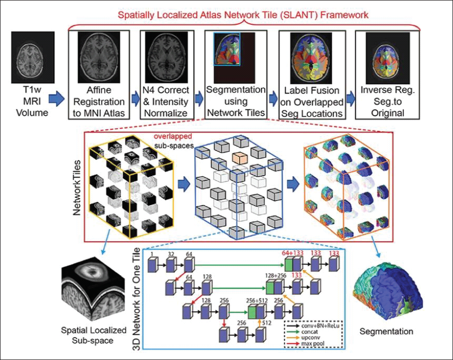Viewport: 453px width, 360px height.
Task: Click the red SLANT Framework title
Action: click(243, 15)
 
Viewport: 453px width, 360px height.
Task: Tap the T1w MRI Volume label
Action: click(32, 101)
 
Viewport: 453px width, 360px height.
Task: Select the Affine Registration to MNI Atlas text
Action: click(99, 102)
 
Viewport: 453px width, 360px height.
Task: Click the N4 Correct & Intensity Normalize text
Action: click(166, 102)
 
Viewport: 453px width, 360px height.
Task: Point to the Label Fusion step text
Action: click(312, 102)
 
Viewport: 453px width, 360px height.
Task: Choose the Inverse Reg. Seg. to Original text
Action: click(388, 101)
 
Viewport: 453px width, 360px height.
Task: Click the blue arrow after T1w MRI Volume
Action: click(56, 99)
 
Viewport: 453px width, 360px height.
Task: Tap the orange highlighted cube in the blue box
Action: click(240, 158)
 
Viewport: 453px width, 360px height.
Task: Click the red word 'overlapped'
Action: click(173, 136)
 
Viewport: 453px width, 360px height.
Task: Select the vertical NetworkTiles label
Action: click(77, 187)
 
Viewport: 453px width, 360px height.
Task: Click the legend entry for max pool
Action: click(312, 344)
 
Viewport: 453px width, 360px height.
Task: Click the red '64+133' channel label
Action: click(292, 253)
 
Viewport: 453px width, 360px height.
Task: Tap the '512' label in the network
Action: click(267, 323)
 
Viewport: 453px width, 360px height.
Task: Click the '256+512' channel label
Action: click(257, 300)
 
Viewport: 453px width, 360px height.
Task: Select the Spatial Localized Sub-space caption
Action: click(93, 335)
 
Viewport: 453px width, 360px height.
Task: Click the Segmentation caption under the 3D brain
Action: click(386, 331)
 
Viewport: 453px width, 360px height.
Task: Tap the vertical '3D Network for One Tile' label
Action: click(136, 299)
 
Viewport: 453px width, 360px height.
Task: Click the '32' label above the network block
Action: click(171, 254)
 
